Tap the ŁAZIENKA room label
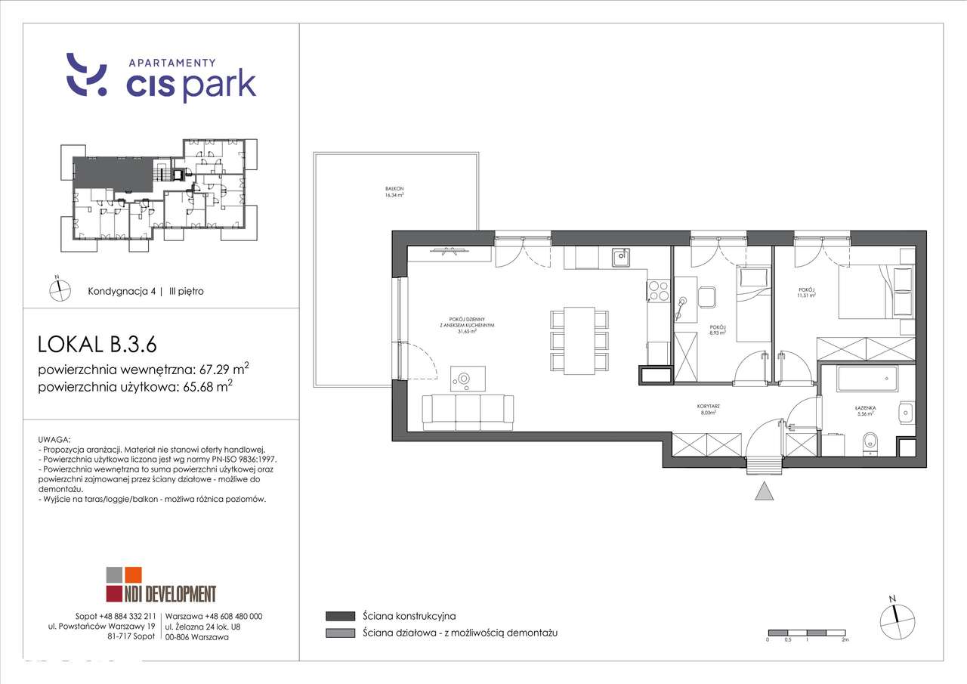coord(866,410)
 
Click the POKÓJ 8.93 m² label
coord(718,328)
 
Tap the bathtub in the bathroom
coord(867,379)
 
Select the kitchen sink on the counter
coord(620,258)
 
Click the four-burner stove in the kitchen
coord(657,292)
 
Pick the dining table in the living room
coord(579,339)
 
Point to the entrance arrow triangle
coord(765,492)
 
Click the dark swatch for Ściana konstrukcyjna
coord(341,616)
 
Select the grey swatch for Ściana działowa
coord(341,633)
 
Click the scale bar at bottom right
coord(806,632)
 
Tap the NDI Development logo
coord(160,585)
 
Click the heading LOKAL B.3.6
coord(97,345)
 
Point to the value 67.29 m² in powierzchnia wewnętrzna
coord(224,370)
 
